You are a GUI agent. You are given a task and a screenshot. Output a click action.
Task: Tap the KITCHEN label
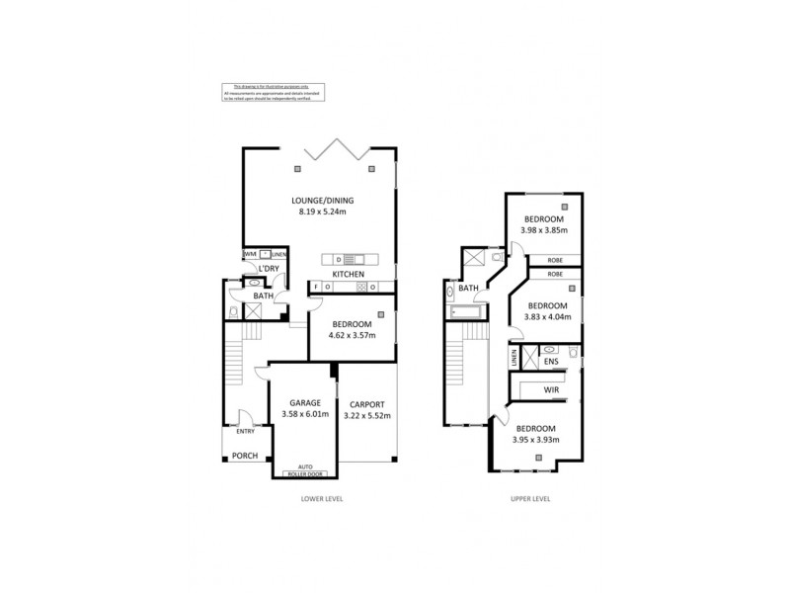point(348,274)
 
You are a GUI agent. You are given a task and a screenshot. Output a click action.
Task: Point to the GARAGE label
point(302,403)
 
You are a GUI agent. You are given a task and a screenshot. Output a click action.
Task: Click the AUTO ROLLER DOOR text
point(302,470)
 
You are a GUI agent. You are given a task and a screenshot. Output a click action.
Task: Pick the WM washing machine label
point(250,254)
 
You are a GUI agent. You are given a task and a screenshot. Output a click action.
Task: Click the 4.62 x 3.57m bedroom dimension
point(352,335)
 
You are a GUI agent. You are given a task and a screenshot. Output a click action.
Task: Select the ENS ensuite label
point(551,362)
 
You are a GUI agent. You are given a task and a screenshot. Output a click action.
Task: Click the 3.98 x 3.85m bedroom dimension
point(543,230)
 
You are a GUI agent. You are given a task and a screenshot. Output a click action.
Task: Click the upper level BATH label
point(468,289)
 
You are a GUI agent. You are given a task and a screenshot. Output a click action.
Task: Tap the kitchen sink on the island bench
point(348,259)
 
